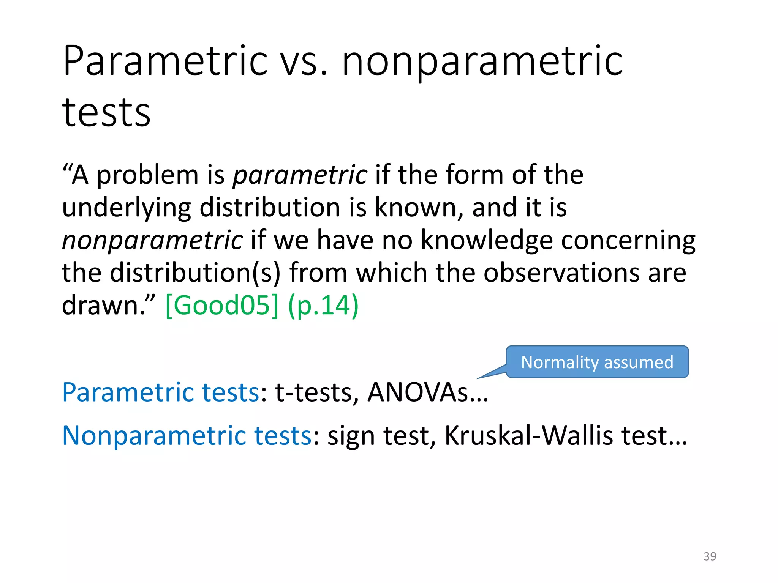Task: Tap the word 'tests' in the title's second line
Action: [106, 112]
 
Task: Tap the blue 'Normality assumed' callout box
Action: [597, 362]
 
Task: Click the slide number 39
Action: [710, 556]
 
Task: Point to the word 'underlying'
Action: [127, 208]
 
